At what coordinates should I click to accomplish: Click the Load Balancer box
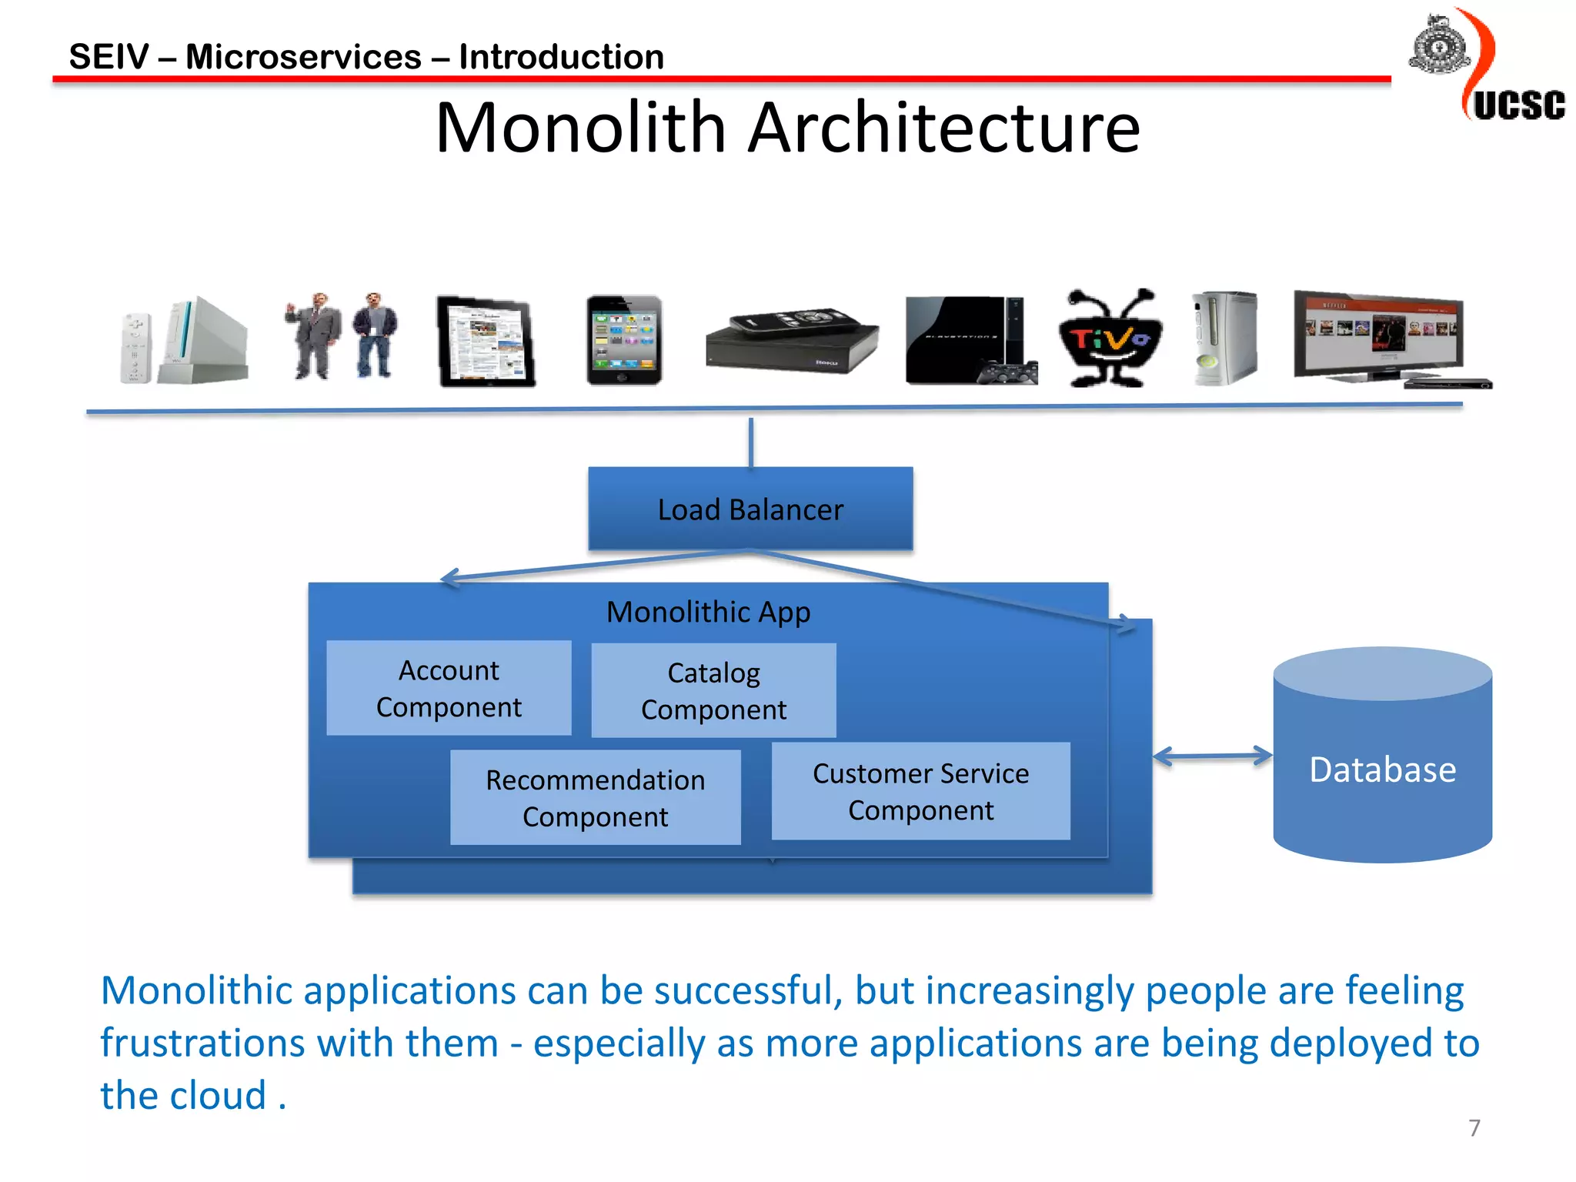(x=750, y=509)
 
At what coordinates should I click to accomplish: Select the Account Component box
(x=449, y=688)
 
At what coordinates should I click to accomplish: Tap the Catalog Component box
(x=713, y=690)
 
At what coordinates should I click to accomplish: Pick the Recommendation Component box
(x=595, y=797)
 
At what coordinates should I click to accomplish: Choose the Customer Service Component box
(x=920, y=791)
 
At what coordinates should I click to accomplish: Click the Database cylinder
(x=1382, y=770)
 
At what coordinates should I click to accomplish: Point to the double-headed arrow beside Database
(x=1213, y=756)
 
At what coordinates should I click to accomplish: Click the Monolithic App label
(x=708, y=613)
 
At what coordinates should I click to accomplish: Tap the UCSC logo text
(x=1519, y=105)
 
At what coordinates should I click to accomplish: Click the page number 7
(x=1474, y=1127)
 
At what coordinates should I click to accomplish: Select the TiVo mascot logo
(x=1109, y=339)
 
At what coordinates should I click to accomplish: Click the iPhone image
(x=624, y=339)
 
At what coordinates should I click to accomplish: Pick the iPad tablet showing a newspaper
(x=486, y=341)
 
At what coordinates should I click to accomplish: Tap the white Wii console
(x=202, y=340)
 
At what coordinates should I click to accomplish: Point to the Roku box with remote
(x=792, y=339)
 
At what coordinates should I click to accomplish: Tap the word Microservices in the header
(x=303, y=57)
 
